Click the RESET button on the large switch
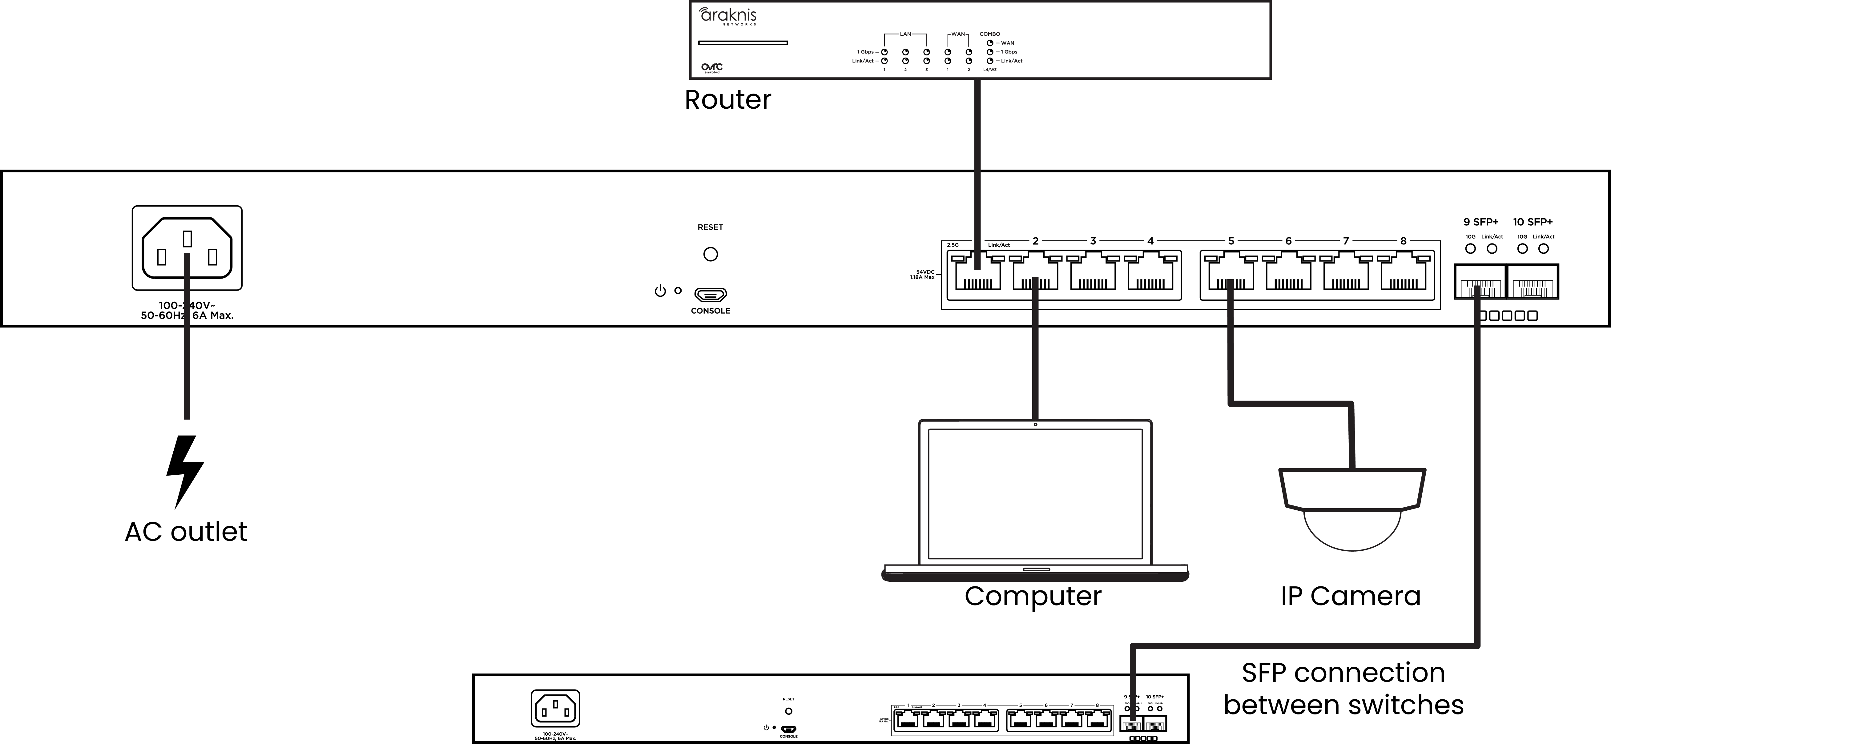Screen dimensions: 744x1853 [710, 254]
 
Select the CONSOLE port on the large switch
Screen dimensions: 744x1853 [710, 294]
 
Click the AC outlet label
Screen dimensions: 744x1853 [186, 532]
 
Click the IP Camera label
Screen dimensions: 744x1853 [1350, 596]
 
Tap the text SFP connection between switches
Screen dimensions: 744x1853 [1343, 689]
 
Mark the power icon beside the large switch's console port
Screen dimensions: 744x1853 [660, 292]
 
